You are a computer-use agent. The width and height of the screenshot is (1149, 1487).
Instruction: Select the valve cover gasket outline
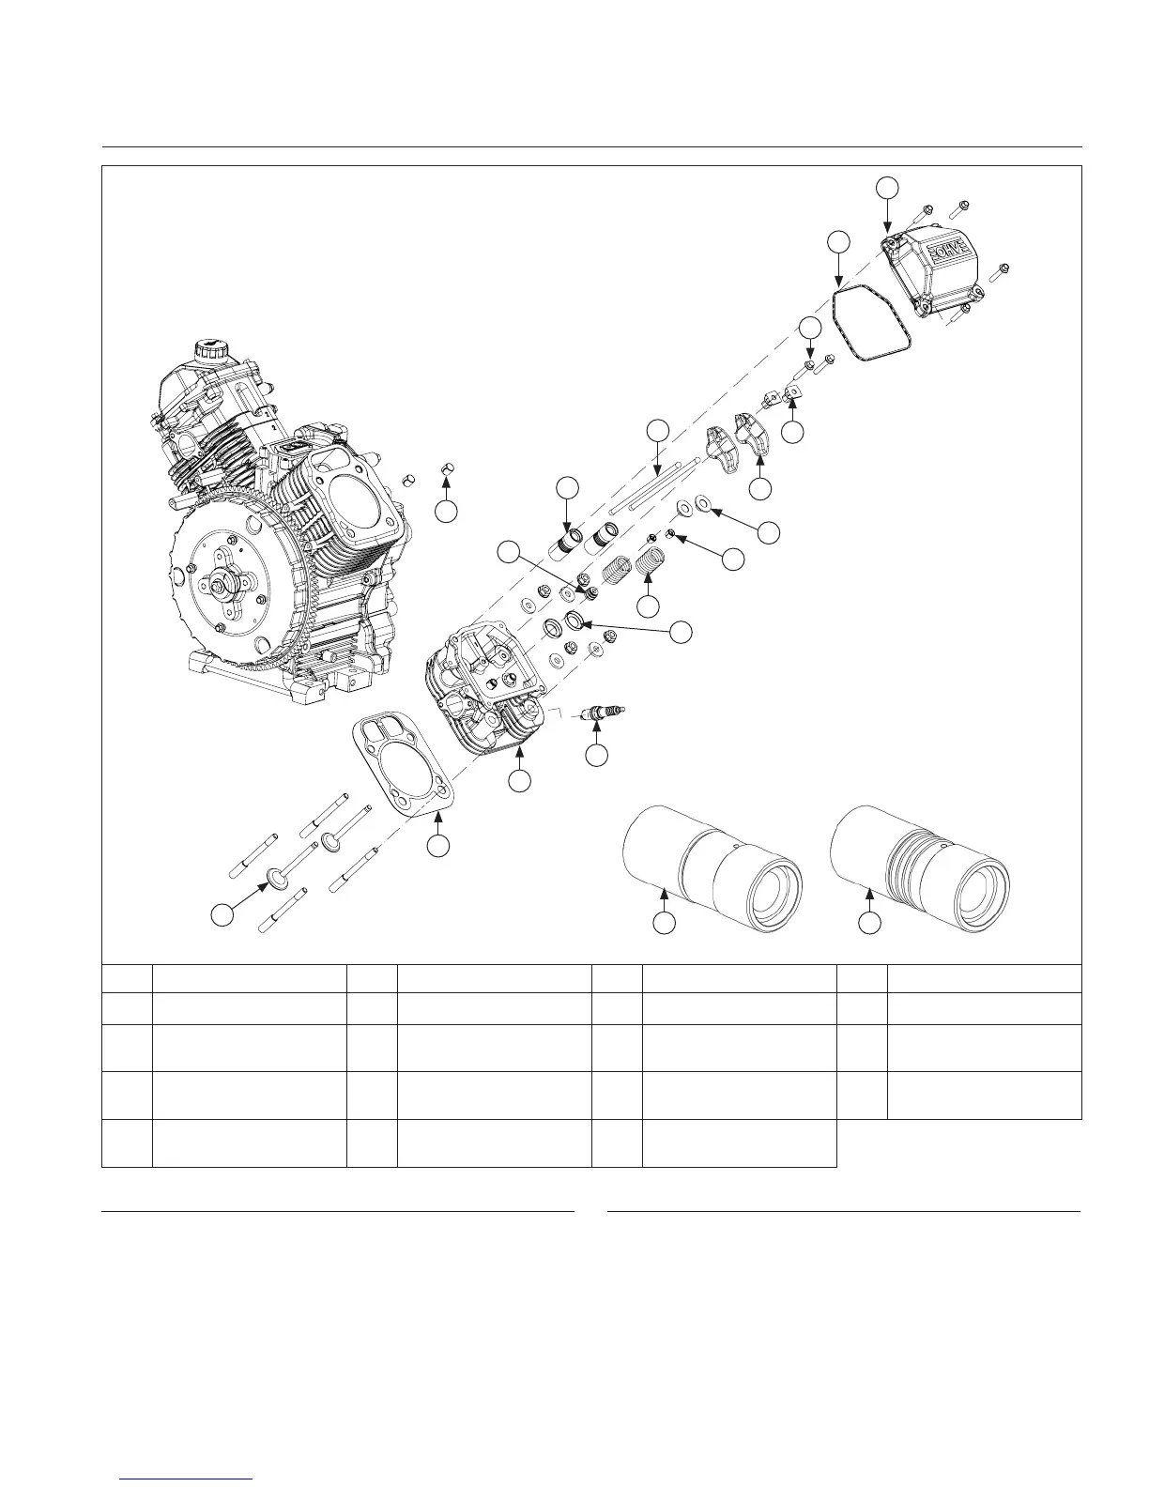[871, 323]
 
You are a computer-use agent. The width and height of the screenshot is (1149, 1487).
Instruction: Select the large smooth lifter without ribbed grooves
[712, 869]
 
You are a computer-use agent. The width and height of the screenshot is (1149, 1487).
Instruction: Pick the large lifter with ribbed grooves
[920, 869]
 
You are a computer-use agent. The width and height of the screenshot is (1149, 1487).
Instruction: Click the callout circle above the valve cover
[888, 188]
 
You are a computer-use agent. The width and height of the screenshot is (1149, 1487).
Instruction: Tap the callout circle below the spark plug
[597, 756]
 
